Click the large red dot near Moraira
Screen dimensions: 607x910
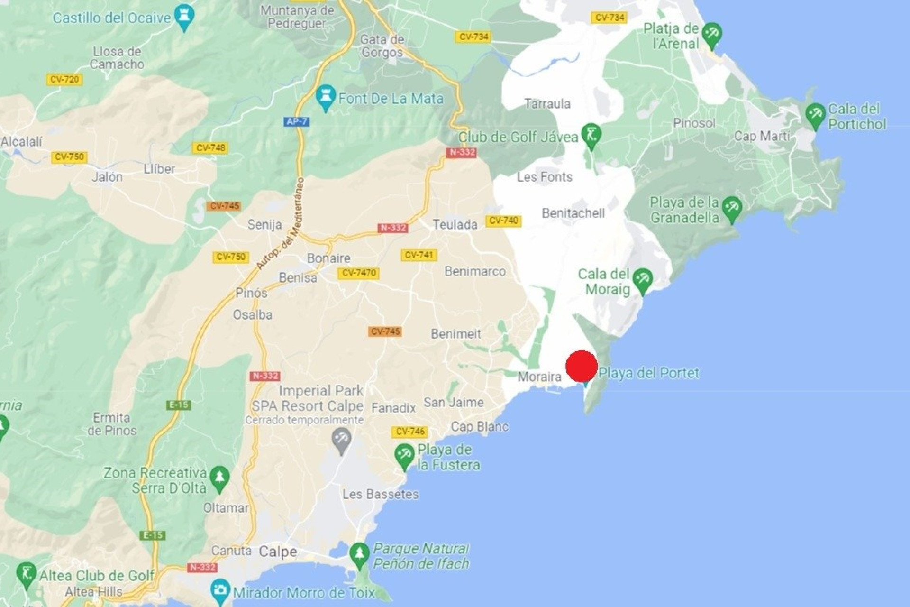point(581,366)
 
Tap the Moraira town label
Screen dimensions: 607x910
point(539,377)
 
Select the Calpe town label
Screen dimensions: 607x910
point(278,552)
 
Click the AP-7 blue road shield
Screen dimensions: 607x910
point(297,121)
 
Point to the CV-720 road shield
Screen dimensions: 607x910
point(64,79)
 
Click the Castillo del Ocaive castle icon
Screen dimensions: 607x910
point(184,17)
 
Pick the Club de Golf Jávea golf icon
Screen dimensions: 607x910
point(591,136)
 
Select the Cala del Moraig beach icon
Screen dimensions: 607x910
point(643,280)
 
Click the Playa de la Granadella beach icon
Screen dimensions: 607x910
point(732,209)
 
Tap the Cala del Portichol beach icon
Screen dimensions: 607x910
point(816,115)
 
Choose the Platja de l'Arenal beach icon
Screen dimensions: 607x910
point(711,35)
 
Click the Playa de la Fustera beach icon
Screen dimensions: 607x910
point(404,456)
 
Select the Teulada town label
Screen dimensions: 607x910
point(455,224)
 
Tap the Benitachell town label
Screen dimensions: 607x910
point(573,213)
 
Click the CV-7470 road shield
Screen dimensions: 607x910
point(359,273)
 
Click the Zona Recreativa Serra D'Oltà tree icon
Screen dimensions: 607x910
point(219,478)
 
